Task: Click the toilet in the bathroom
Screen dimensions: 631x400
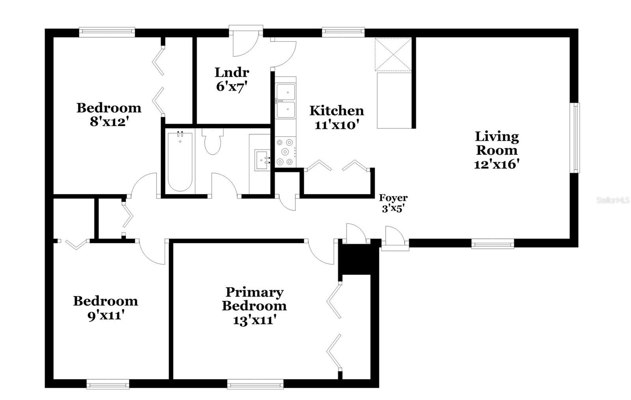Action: click(213, 142)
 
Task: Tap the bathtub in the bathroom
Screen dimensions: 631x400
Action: click(180, 162)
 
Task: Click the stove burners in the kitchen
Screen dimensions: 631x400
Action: click(286, 152)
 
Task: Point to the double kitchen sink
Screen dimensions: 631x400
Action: click(286, 101)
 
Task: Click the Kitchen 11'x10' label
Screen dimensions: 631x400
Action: click(337, 117)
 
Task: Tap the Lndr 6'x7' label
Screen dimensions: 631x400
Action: click(232, 79)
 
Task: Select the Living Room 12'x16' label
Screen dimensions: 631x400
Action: click(497, 150)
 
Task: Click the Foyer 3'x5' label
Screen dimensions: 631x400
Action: click(393, 203)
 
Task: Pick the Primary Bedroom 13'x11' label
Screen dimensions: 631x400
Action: click(254, 306)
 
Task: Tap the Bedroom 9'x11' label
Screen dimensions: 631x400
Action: click(106, 308)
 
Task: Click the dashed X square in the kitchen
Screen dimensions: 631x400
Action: click(393, 54)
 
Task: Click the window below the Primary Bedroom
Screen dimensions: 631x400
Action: click(255, 384)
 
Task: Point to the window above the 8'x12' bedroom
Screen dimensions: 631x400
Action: click(107, 32)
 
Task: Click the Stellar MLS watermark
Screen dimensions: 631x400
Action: click(613, 200)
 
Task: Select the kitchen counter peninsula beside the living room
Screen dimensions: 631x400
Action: click(394, 101)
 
